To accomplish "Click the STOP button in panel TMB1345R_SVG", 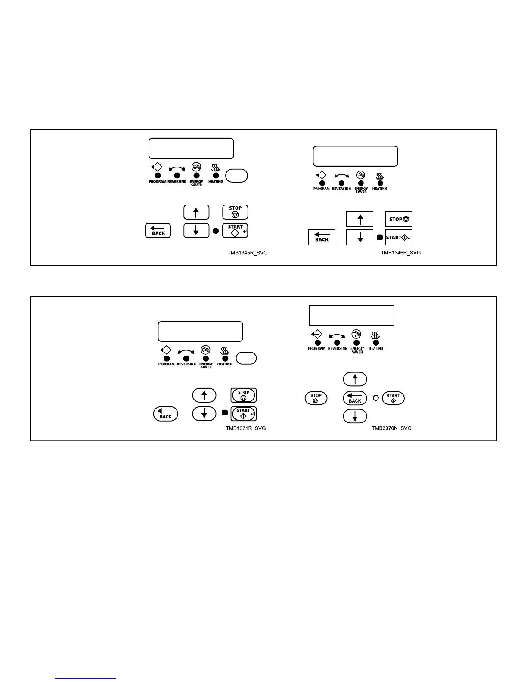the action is pos(235,212).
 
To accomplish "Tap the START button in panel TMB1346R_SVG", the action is pos(398,238).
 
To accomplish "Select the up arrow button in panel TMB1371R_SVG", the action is pos(204,395).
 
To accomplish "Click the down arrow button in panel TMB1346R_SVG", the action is pos(360,238).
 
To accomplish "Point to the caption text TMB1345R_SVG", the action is pos(248,253).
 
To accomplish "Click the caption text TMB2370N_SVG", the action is pos(391,428).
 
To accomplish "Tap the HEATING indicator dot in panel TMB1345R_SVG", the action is pos(216,176).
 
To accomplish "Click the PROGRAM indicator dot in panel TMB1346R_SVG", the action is pos(322,183).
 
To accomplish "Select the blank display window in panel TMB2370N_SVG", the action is pos(351,316).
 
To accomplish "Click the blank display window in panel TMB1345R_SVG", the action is pos(191,149).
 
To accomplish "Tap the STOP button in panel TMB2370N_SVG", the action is pos(316,398).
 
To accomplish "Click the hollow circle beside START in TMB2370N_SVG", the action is pos(376,398).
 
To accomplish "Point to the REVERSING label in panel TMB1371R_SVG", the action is pos(186,364).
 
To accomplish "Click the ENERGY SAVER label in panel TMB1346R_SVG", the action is pos(361,190).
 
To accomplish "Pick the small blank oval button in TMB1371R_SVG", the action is pos(247,358).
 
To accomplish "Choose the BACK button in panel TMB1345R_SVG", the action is pos(158,231).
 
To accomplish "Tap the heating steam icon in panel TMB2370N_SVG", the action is pos(375,335).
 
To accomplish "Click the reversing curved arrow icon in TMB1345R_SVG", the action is pos(177,168).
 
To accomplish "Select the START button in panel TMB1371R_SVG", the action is pos(244,414).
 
